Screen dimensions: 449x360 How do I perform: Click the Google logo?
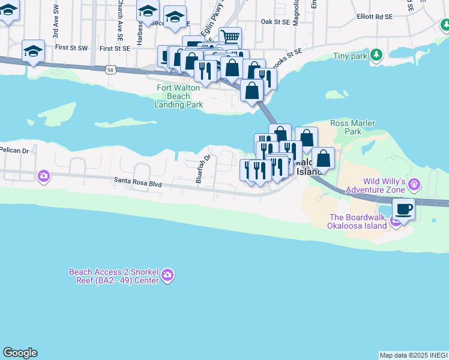(x=20, y=353)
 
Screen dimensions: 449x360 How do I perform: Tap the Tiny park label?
(x=350, y=56)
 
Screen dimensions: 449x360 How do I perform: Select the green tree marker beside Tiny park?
(x=376, y=55)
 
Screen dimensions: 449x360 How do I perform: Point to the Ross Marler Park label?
(x=354, y=127)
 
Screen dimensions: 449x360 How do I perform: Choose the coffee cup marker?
(x=403, y=210)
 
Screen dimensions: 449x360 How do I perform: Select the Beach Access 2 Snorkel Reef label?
(x=113, y=275)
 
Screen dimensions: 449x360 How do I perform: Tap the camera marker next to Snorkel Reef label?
(x=167, y=275)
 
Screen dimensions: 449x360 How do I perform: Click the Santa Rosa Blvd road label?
(x=138, y=185)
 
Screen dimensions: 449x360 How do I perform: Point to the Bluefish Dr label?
(x=204, y=169)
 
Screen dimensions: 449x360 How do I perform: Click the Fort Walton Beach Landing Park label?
(x=179, y=96)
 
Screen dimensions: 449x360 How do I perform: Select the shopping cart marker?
(x=230, y=37)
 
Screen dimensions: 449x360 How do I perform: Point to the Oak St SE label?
(x=276, y=22)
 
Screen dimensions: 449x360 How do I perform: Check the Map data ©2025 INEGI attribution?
(x=413, y=355)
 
